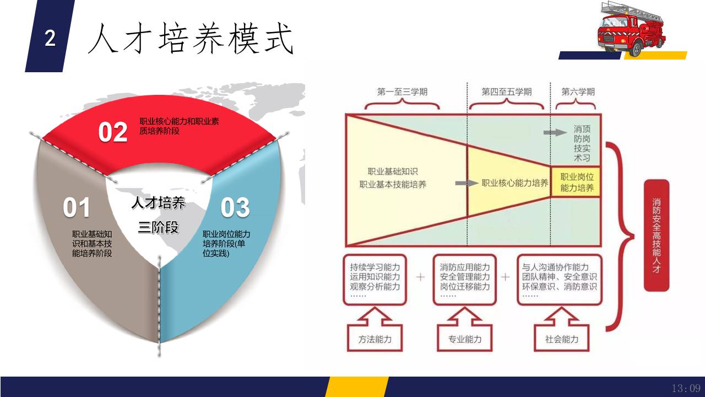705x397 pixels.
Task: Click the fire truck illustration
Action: pos(632,28)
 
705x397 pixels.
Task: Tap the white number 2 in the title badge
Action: pos(50,39)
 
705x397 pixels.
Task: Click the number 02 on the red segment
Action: pos(113,132)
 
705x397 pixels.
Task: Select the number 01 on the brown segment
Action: pos(77,207)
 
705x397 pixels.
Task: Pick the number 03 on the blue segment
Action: pos(235,207)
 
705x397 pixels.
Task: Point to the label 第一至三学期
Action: pos(402,92)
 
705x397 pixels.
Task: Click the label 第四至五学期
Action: pos(506,92)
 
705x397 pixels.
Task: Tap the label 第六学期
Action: pos(578,92)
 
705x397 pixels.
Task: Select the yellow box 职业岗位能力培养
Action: pos(576,182)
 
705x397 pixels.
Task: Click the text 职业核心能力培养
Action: pos(515,183)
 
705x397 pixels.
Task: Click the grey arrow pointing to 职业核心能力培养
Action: pos(467,183)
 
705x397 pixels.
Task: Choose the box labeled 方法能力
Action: pos(375,339)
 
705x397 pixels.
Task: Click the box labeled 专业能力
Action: pos(465,339)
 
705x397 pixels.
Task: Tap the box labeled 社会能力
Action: pos(562,339)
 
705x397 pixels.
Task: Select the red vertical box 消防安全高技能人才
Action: pos(657,235)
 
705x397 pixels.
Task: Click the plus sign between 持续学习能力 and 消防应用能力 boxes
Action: pos(420,277)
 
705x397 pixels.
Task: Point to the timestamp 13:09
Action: pos(686,388)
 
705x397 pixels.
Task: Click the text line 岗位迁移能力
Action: pos(465,287)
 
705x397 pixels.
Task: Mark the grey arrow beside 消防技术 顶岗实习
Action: pos(555,132)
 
